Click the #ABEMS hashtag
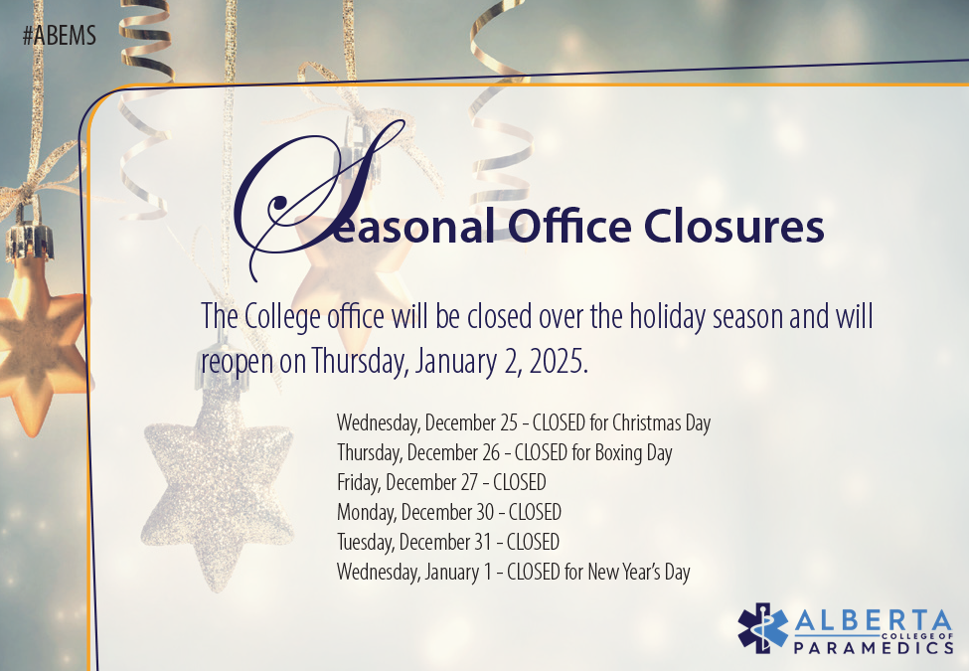(59, 36)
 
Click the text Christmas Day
(661, 422)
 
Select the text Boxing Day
(633, 453)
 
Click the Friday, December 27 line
(441, 483)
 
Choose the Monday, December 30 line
(448, 513)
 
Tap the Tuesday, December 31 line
(447, 543)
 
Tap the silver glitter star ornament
(216, 497)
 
